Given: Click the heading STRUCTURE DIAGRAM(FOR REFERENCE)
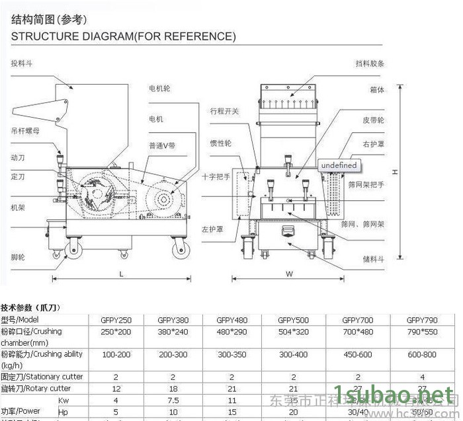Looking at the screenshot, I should coord(124,36).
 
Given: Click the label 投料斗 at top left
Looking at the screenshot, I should coord(21,64).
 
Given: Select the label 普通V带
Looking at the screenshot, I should coord(162,145).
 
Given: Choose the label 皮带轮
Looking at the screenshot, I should coord(373,121).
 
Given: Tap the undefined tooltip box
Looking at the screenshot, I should coord(338,165).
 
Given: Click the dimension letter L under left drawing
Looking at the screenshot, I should coord(122,273).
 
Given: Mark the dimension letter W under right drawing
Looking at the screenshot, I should coord(290,273).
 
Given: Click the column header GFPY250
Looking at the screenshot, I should coord(115,320).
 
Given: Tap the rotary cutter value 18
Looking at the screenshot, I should coord(173,389).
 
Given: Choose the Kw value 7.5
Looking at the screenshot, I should coord(173,401).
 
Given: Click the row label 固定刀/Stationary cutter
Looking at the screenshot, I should coord(41,377).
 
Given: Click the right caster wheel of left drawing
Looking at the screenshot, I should coord(179,249).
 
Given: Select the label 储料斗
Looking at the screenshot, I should coord(374,260).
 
